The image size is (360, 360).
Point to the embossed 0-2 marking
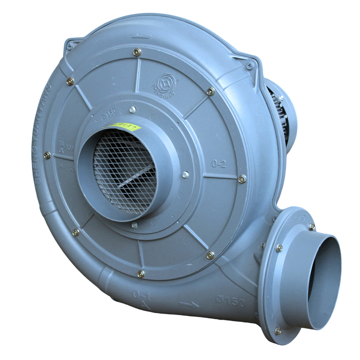tap(219, 164)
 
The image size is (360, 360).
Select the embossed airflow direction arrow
tap(189, 305)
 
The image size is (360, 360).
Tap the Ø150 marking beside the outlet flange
tap(231, 301)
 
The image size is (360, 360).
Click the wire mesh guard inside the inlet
tap(122, 169)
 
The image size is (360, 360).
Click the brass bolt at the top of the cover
tap(137, 52)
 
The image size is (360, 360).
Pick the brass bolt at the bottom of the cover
tap(141, 274)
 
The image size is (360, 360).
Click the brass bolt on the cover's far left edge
tap(47, 156)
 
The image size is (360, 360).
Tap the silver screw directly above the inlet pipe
tap(132, 110)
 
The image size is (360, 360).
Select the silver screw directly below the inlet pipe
tap(134, 225)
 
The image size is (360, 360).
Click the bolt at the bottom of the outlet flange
tap(278, 330)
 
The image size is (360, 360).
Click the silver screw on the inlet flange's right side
tap(185, 175)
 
